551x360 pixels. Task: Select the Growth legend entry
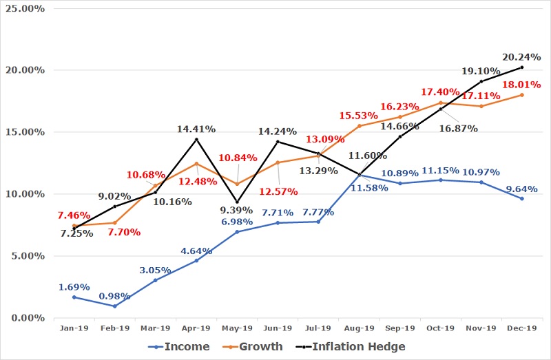pos(260,346)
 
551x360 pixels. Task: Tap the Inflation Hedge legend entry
pos(357,346)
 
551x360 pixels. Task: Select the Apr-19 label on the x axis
pos(196,328)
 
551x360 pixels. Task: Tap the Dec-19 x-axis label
pos(522,328)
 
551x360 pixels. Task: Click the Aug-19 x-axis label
pos(359,328)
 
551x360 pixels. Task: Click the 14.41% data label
pos(196,128)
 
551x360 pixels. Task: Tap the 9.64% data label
pos(521,187)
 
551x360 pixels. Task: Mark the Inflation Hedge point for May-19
pos(237,202)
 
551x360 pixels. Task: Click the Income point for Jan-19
pos(74,297)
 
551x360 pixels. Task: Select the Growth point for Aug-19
pos(359,126)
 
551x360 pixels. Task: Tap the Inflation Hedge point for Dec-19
pos(522,67)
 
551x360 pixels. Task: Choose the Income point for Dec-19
pos(522,199)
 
